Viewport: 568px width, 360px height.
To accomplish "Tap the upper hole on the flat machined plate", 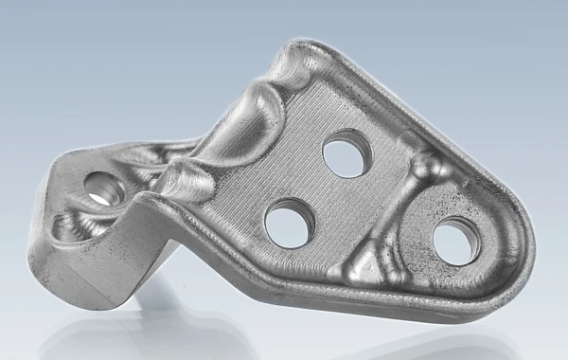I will (x=346, y=153).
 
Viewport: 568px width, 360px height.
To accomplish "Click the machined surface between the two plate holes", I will (x=317, y=189).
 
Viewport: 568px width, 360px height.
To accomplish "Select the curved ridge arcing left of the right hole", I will (x=398, y=227).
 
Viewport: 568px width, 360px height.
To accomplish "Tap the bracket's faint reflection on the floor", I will (x=284, y=336).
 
